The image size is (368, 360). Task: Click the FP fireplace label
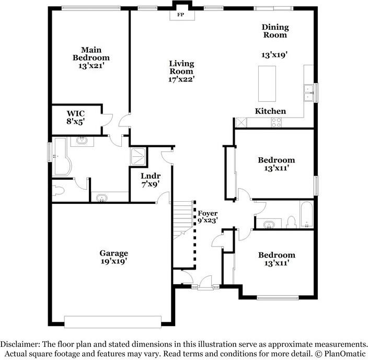pyautogui.click(x=181, y=15)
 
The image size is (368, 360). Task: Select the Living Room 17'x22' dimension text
pyautogui.click(x=181, y=79)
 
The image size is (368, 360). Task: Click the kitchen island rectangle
pyautogui.click(x=267, y=84)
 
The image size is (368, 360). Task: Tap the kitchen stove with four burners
pyautogui.click(x=275, y=122)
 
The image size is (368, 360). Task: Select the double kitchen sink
pyautogui.click(x=308, y=92)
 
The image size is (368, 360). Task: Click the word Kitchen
pyautogui.click(x=270, y=111)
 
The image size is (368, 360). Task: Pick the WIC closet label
pyautogui.click(x=76, y=113)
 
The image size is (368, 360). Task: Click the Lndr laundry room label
pyautogui.click(x=151, y=176)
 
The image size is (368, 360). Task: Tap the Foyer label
pyautogui.click(x=207, y=213)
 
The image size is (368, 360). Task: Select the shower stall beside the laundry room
pyautogui.click(x=139, y=155)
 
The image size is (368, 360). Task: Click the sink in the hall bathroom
pyautogui.click(x=269, y=224)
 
